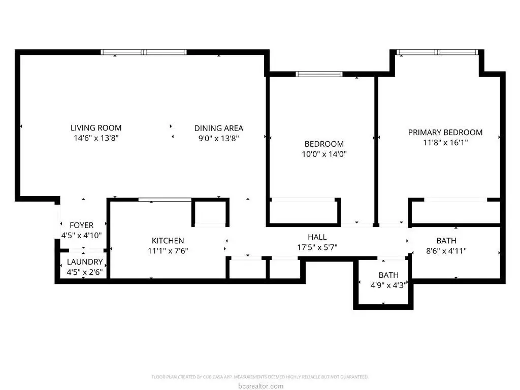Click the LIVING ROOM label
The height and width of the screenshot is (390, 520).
[96, 128]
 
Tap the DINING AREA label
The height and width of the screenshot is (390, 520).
[218, 128]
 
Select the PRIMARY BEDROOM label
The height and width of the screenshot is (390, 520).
[445, 133]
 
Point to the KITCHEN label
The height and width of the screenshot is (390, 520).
[168, 240]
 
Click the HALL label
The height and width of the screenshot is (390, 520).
[317, 237]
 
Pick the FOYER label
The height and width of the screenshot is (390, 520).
[82, 225]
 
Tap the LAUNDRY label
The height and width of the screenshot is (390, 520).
[85, 262]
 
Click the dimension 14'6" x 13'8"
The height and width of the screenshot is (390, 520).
[96, 138]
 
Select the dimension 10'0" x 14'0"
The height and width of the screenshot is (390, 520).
[324, 154]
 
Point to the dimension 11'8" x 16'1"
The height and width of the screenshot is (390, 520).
[445, 143]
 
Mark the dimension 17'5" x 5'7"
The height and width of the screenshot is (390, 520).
[317, 247]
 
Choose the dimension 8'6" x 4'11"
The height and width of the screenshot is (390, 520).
[446, 251]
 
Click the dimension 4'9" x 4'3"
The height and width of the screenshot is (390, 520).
[388, 285]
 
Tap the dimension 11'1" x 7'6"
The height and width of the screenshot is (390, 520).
[168, 251]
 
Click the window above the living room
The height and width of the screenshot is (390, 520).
[144, 52]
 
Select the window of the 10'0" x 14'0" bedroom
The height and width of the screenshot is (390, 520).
[319, 74]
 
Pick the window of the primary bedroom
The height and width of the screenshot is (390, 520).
[437, 52]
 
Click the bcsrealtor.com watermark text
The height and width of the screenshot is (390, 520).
[261, 386]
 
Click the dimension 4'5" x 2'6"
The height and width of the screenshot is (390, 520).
[85, 272]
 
